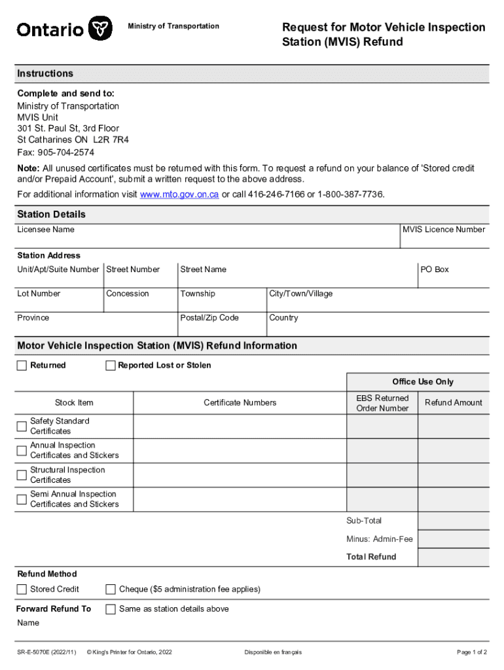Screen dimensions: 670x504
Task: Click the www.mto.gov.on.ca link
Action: pyautogui.click(x=179, y=194)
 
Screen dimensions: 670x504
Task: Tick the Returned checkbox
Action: pyautogui.click(x=22, y=365)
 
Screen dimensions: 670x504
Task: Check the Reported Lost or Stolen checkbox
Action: pyautogui.click(x=111, y=365)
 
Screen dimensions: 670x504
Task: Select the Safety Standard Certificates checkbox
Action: pyautogui.click(x=22, y=427)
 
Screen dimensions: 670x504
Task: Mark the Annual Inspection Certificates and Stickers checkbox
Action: pyautogui.click(x=22, y=450)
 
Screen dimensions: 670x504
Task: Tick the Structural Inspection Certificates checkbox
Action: pyautogui.click(x=22, y=475)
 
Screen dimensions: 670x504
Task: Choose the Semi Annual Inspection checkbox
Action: pyautogui.click(x=22, y=499)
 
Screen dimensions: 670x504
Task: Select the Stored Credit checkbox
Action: pyautogui.click(x=22, y=589)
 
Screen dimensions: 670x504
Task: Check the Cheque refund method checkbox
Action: pyautogui.click(x=111, y=589)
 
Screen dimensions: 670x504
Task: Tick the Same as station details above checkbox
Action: pyautogui.click(x=111, y=609)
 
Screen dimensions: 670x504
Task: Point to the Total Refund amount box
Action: pyautogui.click(x=453, y=557)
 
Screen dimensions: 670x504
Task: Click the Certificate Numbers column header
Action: pyautogui.click(x=240, y=403)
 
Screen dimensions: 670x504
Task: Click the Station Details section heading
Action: pyautogui.click(x=52, y=215)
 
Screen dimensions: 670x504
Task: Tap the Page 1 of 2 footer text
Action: pyautogui.click(x=471, y=652)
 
